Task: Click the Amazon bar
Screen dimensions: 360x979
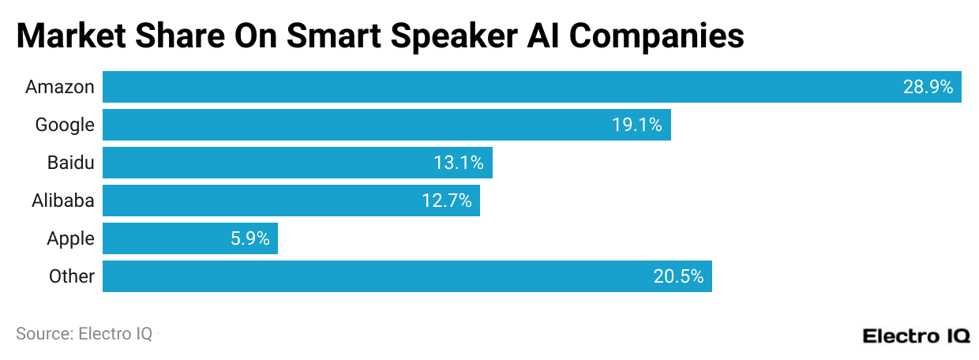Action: point(531,87)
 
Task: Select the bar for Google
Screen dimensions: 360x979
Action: point(387,125)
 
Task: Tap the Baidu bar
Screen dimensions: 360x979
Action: point(298,163)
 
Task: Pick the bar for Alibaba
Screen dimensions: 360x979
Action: point(291,201)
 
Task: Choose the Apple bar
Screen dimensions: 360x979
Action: point(190,238)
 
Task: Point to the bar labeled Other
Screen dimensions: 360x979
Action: point(407,276)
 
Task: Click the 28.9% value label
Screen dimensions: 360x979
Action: point(928,87)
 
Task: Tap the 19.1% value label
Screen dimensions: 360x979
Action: point(637,125)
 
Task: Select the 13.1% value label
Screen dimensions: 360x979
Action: point(459,163)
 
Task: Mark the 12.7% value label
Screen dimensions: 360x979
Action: point(446,201)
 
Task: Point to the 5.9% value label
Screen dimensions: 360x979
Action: point(250,238)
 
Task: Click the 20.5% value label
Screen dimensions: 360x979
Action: point(678,276)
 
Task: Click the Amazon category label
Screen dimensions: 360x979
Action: point(60,87)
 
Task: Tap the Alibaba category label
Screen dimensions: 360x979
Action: point(63,201)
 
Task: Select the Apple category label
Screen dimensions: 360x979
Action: point(70,238)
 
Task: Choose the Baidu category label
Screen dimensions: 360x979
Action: point(70,163)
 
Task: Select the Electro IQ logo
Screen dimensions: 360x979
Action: point(916,335)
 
